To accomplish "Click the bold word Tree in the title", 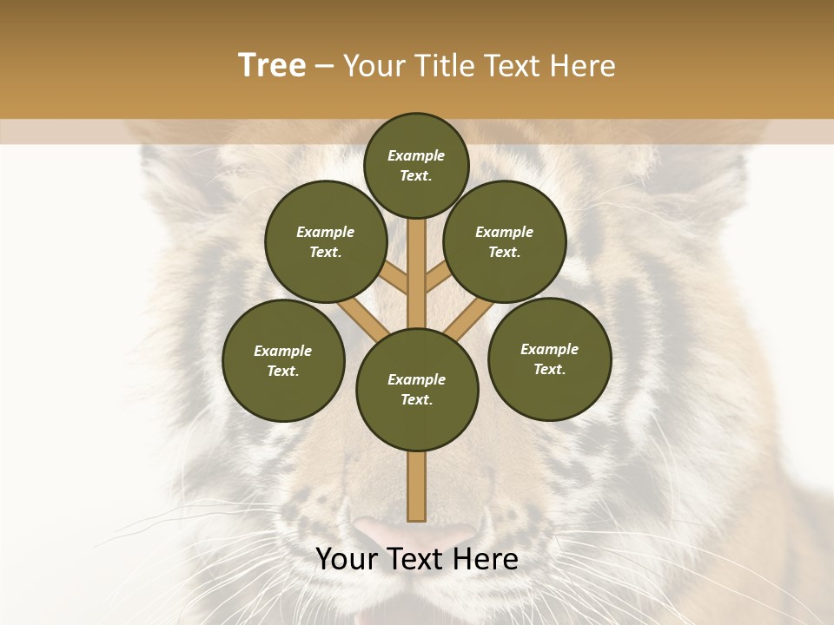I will coord(272,66).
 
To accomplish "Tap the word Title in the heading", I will coord(440,66).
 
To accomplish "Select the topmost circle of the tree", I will coord(416,165).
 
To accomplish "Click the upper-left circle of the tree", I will coord(326,241).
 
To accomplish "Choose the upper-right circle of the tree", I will coord(505,241).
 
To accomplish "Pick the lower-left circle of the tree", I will coord(283,360).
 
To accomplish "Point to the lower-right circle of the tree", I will coord(550,359).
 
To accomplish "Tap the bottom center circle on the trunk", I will coord(417,389).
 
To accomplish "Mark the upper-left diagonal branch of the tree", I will coord(393,278).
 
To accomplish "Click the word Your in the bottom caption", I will coord(345,559).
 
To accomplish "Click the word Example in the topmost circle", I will coord(416,155).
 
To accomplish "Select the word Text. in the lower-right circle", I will coord(550,369).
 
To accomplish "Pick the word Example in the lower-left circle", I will coord(283,351).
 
